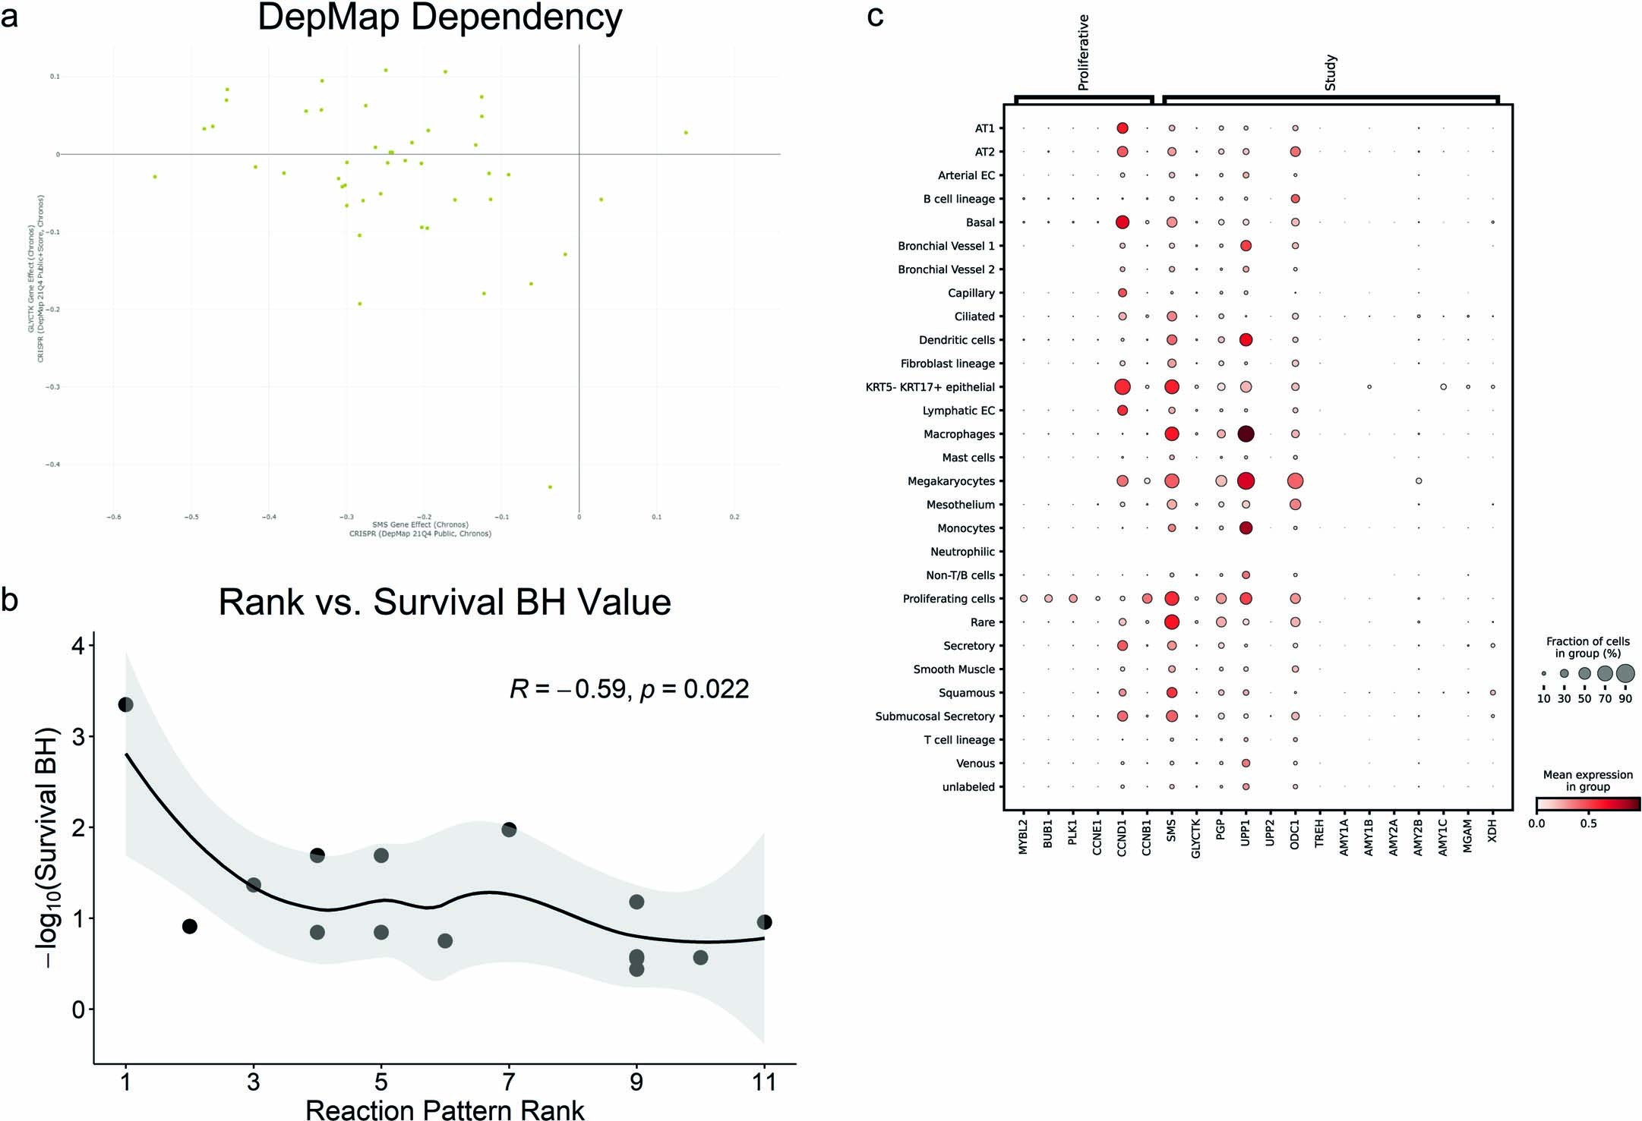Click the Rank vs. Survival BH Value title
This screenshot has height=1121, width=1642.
coord(444,602)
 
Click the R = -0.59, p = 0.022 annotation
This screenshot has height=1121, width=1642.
coord(630,688)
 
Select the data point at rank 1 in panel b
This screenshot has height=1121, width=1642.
coord(126,704)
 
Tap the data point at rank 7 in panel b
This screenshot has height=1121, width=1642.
coord(509,830)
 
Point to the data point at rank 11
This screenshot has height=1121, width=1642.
coord(764,922)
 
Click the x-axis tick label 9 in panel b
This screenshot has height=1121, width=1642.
coord(636,1081)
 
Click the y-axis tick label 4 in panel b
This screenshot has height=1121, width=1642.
coord(78,645)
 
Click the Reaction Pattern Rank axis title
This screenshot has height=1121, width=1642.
coord(444,1110)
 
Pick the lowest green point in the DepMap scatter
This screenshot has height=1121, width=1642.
coord(550,487)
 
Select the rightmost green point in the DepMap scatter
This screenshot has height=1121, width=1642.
coord(686,132)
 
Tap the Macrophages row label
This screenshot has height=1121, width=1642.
coord(958,434)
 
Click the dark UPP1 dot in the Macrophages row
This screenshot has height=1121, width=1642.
coord(1246,434)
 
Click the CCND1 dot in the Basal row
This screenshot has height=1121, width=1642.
coord(1122,222)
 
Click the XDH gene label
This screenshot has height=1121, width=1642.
coord(1492,830)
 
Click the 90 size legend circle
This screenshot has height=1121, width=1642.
coord(1625,673)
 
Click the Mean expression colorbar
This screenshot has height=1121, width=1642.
coord(1587,804)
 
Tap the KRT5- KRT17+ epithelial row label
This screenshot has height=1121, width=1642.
coord(930,387)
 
